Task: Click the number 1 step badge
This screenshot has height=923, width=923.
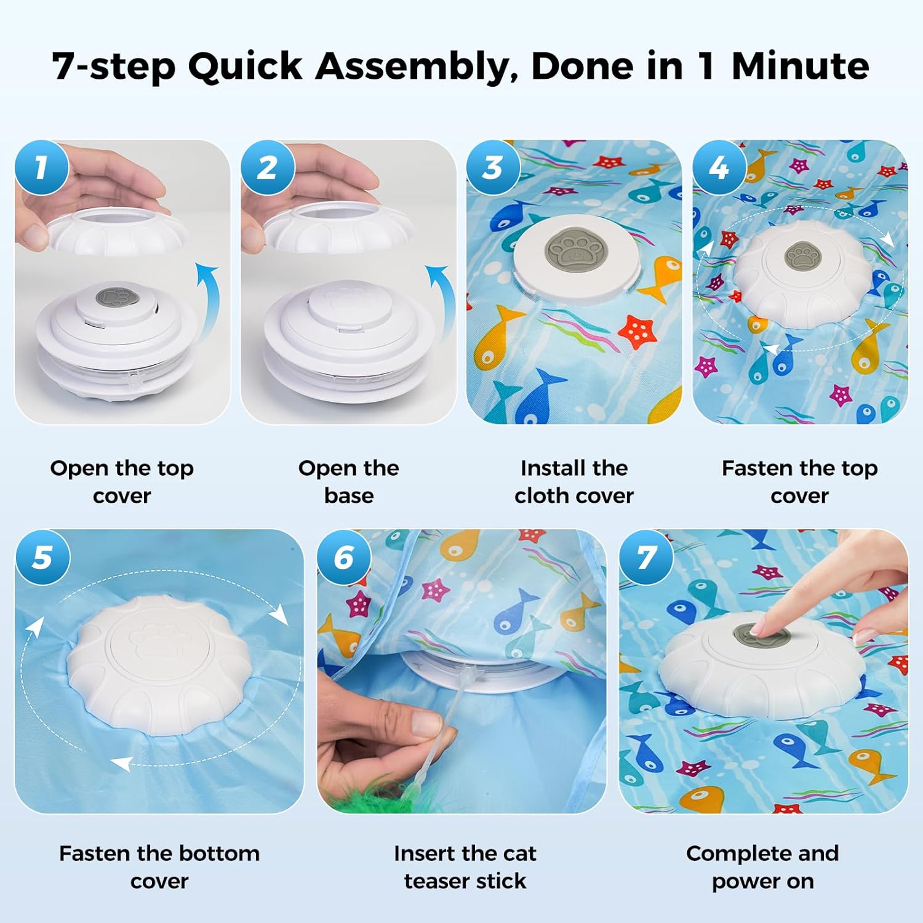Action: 41,167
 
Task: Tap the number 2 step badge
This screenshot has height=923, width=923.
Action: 267,167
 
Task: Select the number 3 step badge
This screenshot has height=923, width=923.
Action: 493,167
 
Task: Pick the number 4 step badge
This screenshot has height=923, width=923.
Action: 719,167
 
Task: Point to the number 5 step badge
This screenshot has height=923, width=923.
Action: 42,557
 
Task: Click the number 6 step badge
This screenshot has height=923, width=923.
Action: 345,557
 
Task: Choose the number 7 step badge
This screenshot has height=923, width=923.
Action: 647,557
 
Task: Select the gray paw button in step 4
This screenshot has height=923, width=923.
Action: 802,256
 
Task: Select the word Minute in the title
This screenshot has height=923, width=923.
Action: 800,65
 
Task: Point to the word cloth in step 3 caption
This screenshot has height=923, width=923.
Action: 542,495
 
